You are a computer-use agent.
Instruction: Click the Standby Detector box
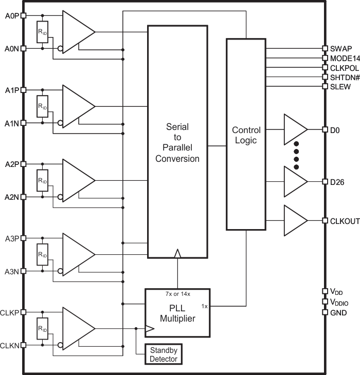pyautogui.click(x=164, y=354)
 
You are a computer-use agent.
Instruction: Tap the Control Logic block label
pyautogui.click(x=246, y=135)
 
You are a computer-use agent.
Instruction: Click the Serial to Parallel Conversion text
pyautogui.click(x=177, y=142)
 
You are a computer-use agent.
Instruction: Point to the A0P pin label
pyautogui.click(x=11, y=15)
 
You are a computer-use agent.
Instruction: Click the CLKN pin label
pyautogui.click(x=10, y=346)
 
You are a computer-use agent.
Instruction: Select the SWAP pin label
pyautogui.click(x=340, y=48)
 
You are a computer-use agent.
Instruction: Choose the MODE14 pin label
pyautogui.click(x=344, y=58)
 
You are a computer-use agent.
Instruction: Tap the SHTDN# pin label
pyautogui.click(x=344, y=77)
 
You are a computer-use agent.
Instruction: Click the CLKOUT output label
pyautogui.click(x=344, y=220)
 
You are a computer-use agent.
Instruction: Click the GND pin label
pyautogui.click(x=338, y=312)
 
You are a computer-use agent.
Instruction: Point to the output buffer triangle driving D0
pyautogui.click(x=294, y=130)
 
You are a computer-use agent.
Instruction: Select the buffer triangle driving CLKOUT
pyautogui.click(x=294, y=220)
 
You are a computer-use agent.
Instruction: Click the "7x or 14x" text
pyautogui.click(x=177, y=294)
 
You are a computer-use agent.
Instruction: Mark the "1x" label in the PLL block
pyautogui.click(x=204, y=306)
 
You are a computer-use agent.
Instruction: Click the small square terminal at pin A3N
pyautogui.click(x=23, y=271)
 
